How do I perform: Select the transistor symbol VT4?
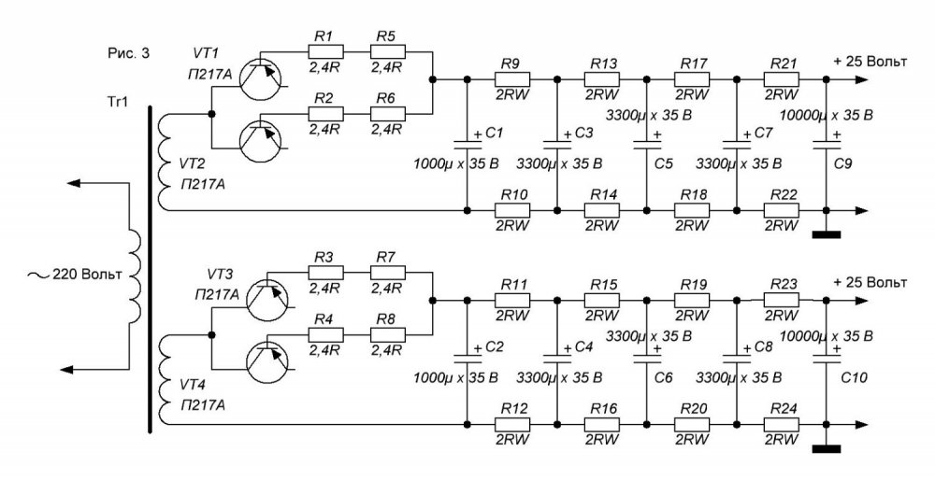[265, 362]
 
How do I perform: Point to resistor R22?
[783, 209]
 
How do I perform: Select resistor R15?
[601, 300]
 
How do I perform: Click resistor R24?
[783, 425]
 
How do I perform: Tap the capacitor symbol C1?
[467, 145]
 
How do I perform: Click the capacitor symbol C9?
[827, 144]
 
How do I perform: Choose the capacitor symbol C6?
[646, 360]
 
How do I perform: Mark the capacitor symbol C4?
[556, 360]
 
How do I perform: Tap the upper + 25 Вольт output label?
[869, 62]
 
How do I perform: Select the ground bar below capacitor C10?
[827, 449]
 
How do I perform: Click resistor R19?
[691, 300]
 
